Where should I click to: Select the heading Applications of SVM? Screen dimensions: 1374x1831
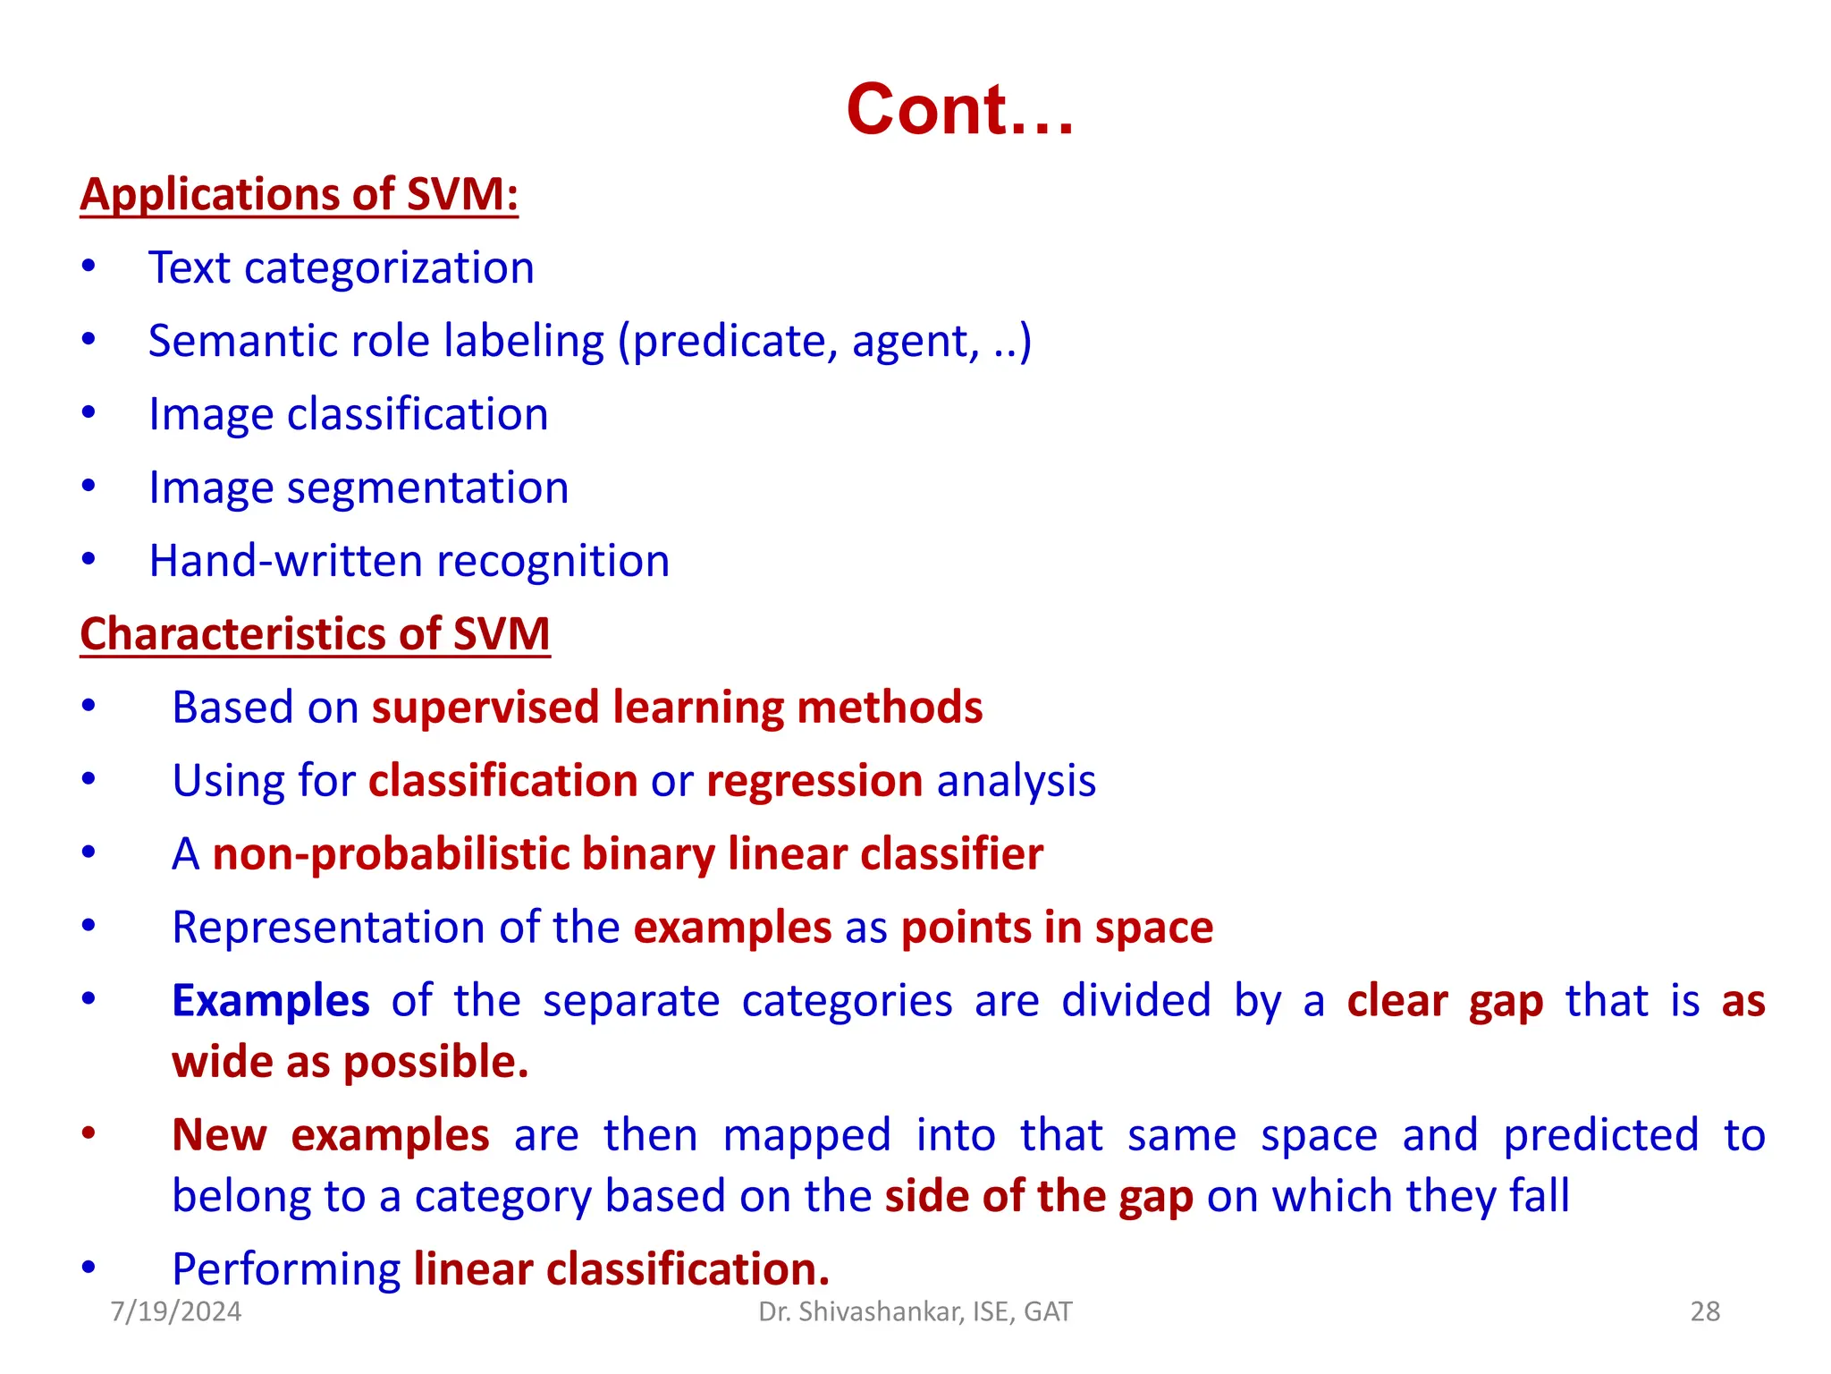tap(299, 194)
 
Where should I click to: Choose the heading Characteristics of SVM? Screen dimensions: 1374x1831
tap(315, 634)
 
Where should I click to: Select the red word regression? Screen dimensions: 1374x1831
tap(814, 781)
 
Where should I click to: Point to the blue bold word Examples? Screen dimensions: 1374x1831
tap(270, 1001)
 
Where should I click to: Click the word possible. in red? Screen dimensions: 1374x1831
tap(436, 1063)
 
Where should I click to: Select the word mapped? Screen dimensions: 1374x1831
tap(806, 1136)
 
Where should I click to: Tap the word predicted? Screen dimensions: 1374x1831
tap(1600, 1136)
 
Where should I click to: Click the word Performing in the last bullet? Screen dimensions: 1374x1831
tap(286, 1269)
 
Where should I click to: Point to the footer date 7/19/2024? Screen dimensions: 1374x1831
tap(176, 1311)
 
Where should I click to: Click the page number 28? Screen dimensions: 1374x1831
tap(1705, 1311)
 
